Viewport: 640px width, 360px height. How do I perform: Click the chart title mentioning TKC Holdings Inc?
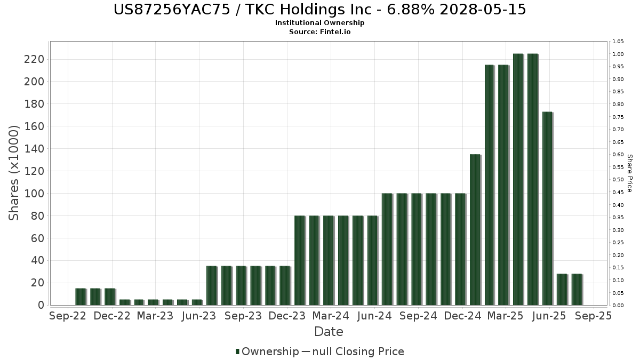(319, 10)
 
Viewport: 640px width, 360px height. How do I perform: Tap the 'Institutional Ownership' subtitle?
(319, 23)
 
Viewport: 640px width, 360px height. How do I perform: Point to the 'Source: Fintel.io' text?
(319, 31)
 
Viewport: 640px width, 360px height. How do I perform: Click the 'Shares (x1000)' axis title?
(14, 172)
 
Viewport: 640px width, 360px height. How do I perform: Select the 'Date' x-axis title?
(329, 332)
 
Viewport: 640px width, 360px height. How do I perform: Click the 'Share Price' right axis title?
(629, 173)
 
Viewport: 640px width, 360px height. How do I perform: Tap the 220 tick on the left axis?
(34, 59)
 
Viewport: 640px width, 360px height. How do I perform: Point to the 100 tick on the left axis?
(34, 194)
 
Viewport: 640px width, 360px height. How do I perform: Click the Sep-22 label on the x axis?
(67, 316)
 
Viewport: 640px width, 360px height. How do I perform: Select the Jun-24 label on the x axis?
(374, 316)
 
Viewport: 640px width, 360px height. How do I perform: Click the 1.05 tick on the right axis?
(618, 42)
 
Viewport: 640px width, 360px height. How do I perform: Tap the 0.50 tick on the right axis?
(618, 180)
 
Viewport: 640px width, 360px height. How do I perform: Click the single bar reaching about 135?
(475, 229)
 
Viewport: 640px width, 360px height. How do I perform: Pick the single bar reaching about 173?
(547, 208)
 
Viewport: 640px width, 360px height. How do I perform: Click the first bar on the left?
(81, 297)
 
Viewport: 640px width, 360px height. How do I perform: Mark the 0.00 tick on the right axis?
(618, 306)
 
